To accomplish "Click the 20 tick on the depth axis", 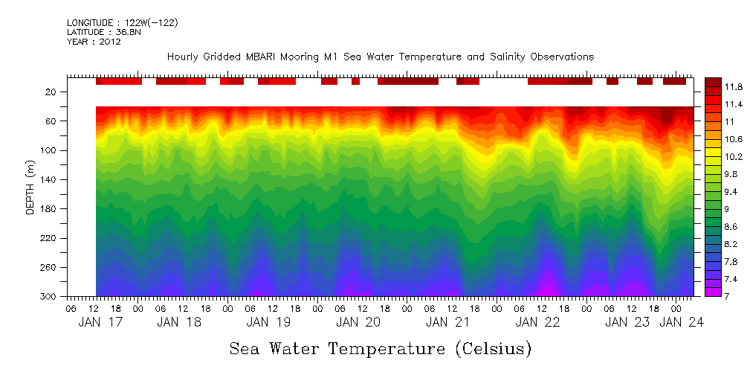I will click(52, 92).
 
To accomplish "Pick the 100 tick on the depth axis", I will click(50, 150).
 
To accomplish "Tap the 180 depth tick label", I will click(50, 209).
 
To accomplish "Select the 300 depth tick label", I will click(50, 297).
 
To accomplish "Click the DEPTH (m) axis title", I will click(30, 189).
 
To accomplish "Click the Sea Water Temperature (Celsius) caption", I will click(381, 349).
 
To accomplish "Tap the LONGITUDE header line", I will click(122, 23).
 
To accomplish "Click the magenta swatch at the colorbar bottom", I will click(712, 292).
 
